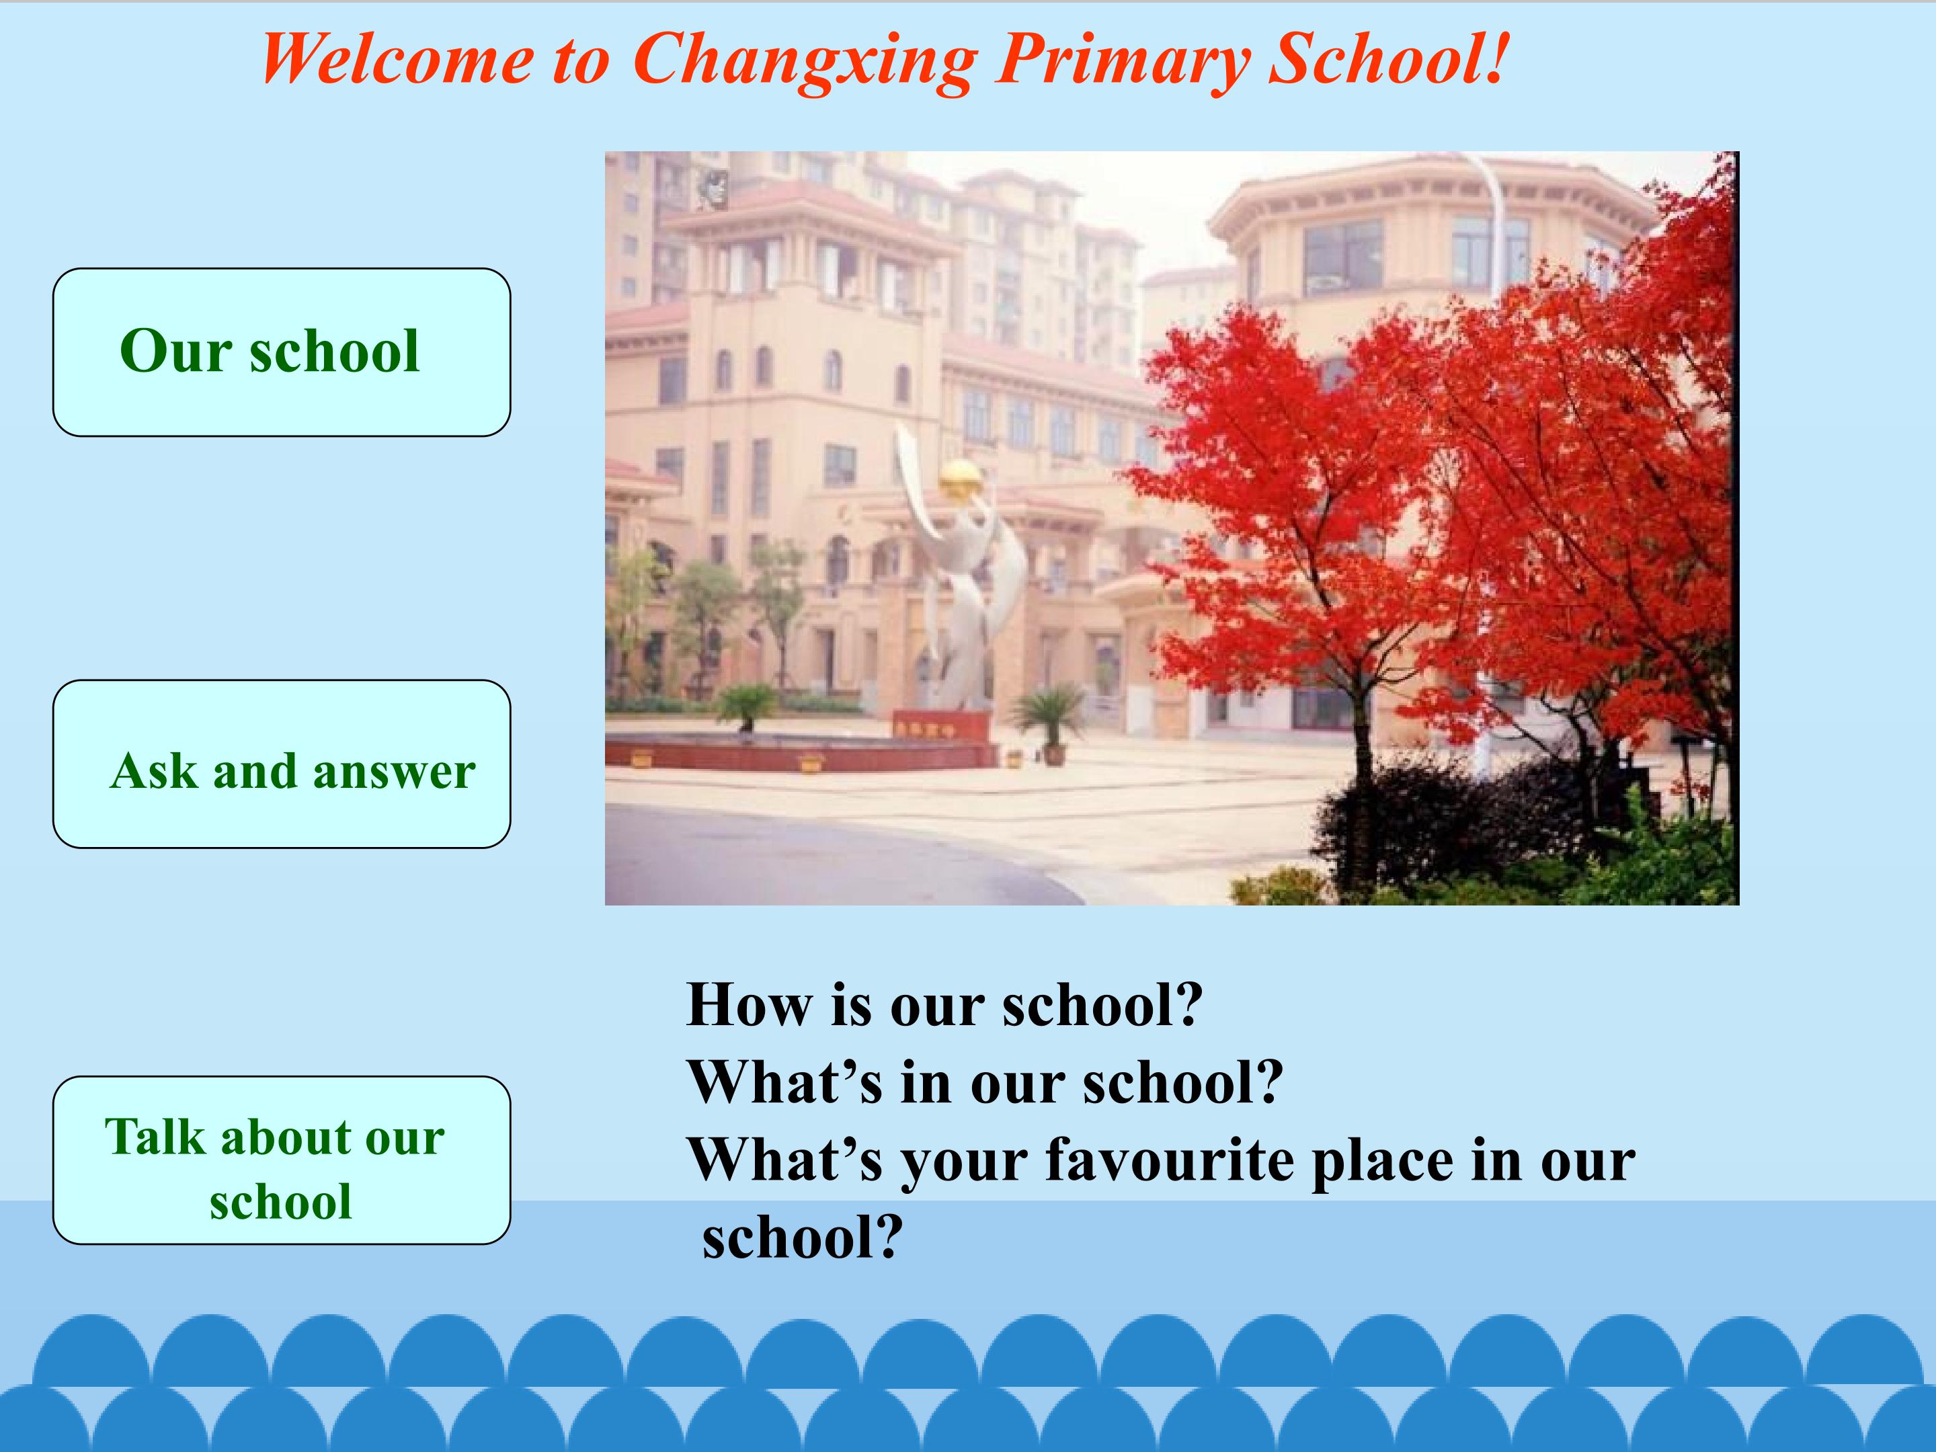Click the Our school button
click(282, 352)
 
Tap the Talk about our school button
click(282, 1160)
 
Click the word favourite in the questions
click(1170, 1160)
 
